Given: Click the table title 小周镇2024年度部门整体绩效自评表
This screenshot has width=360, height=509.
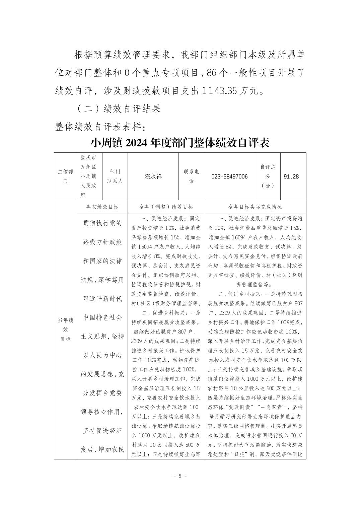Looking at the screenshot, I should coord(180,143).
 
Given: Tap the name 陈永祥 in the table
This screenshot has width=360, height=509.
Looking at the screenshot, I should coord(153,176).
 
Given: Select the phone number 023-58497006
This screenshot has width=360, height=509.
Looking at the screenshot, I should coord(229,176).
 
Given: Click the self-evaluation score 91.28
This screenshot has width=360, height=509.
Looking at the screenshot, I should coord(291,176).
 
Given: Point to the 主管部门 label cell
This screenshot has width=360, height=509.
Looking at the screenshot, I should coord(65,176).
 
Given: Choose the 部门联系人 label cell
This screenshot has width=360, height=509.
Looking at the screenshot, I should coord(115,176).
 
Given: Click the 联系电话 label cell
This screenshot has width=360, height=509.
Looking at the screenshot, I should coord(191,176).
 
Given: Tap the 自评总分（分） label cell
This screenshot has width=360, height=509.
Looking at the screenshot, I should coord(268,176).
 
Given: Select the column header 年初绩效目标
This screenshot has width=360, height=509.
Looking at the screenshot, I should coord(102,207).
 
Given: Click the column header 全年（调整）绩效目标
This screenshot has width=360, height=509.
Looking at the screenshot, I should coord(166,207).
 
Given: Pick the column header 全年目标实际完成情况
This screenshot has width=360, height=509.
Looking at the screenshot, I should coord(255,207).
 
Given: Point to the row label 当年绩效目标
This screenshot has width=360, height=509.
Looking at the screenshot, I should coord(65,330).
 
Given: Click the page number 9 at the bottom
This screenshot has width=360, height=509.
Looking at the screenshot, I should coord(180,476).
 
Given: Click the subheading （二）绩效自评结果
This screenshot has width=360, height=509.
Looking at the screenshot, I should coord(119,108).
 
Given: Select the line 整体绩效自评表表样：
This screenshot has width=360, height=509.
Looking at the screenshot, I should coord(100,127).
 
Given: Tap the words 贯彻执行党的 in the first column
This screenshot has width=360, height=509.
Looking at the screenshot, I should coord(102,223).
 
